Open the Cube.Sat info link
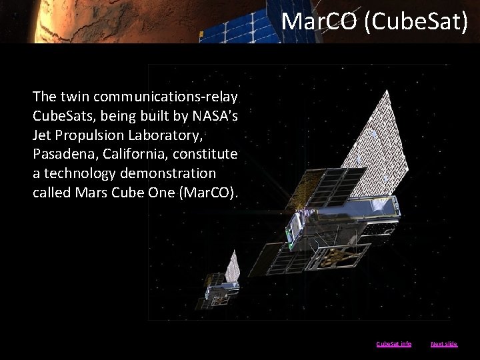[394, 344]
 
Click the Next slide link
[444, 344]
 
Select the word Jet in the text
[43, 136]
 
